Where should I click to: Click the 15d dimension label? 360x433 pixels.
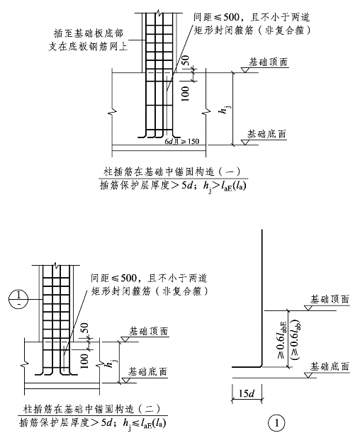246,393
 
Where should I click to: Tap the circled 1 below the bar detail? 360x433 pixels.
276,423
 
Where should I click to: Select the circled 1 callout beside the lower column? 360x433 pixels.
18,299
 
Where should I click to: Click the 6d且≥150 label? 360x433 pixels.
181,142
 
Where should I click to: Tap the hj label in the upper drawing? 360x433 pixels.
225,109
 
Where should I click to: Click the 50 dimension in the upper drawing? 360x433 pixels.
186,61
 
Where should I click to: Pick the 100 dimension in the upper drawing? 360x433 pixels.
186,94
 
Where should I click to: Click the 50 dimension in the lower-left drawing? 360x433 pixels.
84,328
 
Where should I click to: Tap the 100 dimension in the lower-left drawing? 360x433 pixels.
84,361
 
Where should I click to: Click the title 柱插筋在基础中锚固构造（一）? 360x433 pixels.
172,171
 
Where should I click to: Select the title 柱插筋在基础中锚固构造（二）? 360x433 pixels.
91,409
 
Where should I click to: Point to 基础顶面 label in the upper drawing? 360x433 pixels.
269,62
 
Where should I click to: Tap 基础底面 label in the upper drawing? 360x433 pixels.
266,134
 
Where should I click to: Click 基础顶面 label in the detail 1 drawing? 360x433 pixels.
330,299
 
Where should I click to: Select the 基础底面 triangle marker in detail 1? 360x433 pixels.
308,375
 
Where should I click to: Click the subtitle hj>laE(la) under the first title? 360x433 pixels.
225,186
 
